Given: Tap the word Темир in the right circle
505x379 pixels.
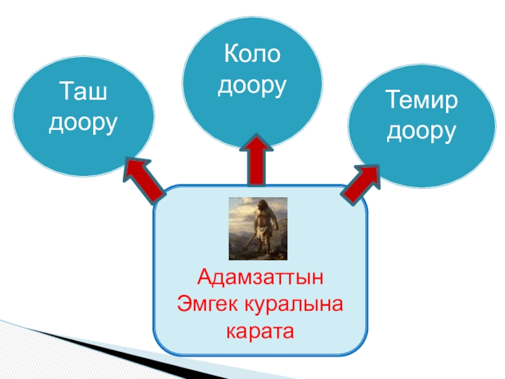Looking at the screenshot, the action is (421, 101).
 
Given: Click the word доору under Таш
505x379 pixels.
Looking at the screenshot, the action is (83, 123).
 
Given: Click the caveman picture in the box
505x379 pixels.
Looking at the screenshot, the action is (258, 227).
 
